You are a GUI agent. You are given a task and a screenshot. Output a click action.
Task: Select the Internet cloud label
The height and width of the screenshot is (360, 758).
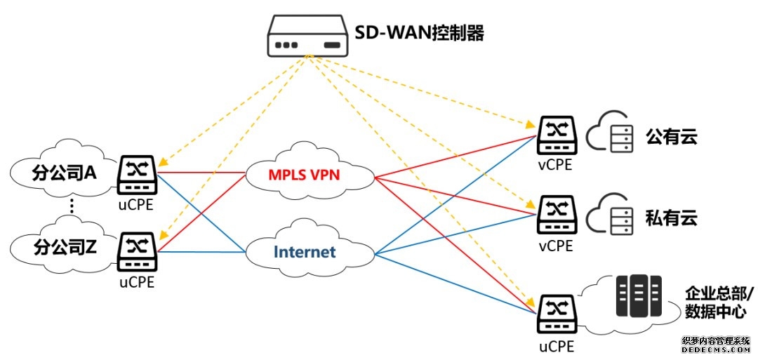coord(305,252)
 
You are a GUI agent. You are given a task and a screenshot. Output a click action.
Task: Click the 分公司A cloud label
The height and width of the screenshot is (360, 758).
coord(64,172)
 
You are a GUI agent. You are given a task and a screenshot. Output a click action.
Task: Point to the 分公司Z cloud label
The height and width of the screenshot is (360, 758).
coord(64,247)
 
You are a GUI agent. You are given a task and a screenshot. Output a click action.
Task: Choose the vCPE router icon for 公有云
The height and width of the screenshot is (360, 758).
coord(557,135)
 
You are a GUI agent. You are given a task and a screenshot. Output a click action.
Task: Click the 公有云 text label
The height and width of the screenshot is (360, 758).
coord(672,136)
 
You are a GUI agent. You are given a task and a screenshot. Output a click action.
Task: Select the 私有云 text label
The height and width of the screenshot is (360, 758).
coord(672,216)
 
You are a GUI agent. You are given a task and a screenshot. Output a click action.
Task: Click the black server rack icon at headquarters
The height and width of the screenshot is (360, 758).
coord(639,295)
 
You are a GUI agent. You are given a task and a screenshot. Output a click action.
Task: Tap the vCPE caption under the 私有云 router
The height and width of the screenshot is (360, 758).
coord(556,246)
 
